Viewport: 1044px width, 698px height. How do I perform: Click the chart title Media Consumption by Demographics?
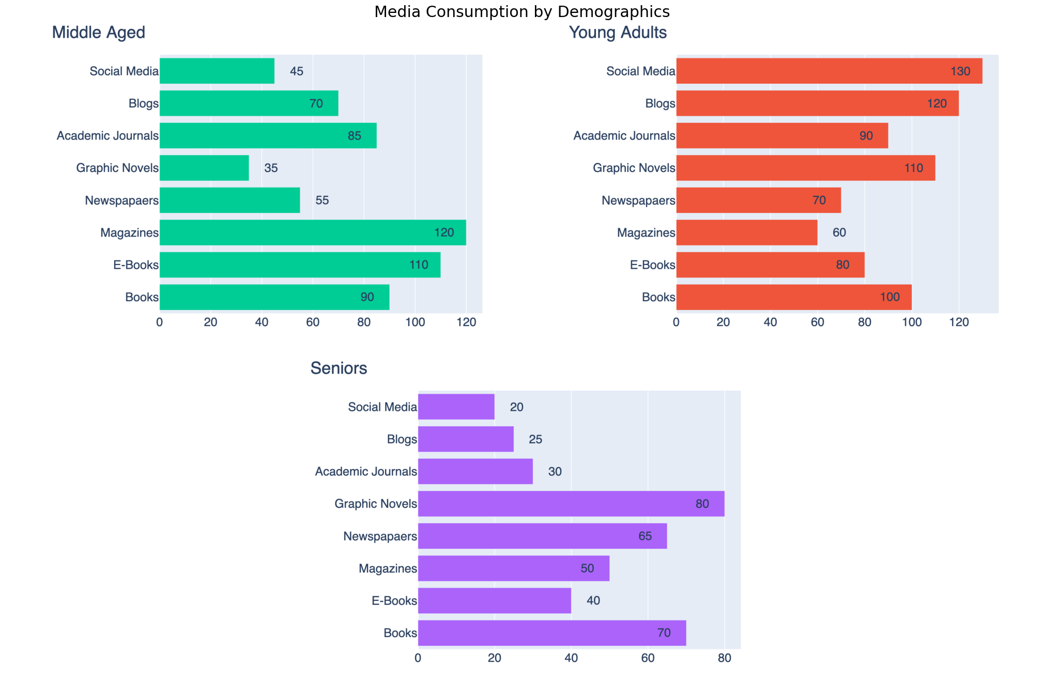[x=521, y=12]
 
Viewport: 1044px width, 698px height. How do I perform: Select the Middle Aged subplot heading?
[x=98, y=33]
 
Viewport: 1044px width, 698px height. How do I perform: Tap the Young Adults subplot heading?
[x=618, y=33]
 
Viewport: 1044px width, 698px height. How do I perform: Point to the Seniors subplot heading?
[x=339, y=368]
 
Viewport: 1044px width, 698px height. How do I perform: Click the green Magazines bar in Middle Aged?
[x=313, y=232]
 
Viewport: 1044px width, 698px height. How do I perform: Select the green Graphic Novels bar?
[x=204, y=168]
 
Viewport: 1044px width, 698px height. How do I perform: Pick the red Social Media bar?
[x=829, y=71]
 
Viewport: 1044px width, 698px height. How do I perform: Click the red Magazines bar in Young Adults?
[x=747, y=232]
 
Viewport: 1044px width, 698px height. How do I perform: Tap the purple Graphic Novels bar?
[x=571, y=504]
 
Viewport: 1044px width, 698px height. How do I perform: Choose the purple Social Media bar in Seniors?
[x=456, y=407]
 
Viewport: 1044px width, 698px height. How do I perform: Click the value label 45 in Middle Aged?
[x=297, y=71]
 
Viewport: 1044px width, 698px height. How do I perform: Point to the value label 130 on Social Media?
[x=960, y=71]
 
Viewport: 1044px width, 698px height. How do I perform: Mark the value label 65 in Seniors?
[x=645, y=536]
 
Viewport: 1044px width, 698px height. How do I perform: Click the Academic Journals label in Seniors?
[x=366, y=472]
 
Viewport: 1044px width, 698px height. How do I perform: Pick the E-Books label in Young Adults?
[x=652, y=265]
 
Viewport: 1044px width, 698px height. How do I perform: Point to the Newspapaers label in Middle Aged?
[x=121, y=200]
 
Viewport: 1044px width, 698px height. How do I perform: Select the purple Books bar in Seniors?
[x=552, y=633]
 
